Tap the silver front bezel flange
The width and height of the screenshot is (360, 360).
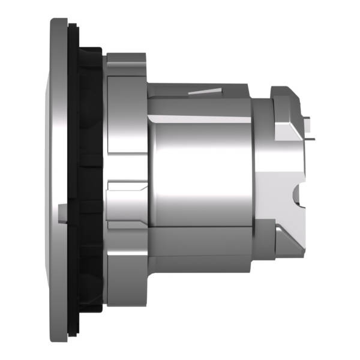(58, 180)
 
